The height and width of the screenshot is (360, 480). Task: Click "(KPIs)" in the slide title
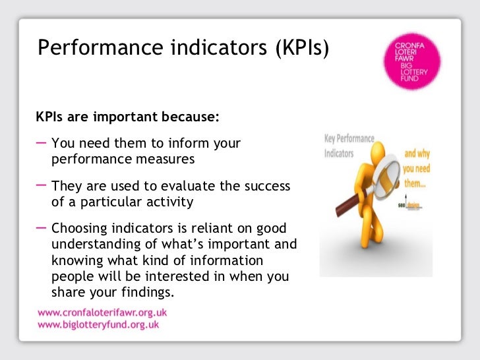(297, 48)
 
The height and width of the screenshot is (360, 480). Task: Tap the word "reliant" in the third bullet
(203, 229)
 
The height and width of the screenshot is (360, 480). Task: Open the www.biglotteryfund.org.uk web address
(98, 325)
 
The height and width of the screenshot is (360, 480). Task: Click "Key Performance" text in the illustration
(349, 139)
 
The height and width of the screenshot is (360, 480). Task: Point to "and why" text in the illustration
(417, 154)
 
